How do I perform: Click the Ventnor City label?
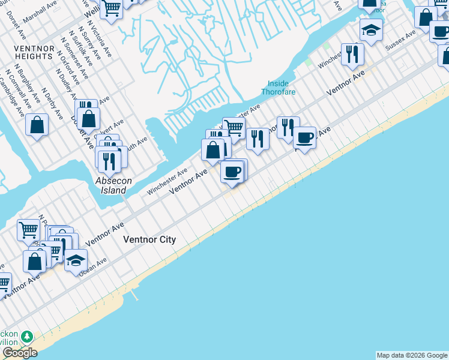click(x=149, y=239)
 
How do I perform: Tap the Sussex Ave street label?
click(x=401, y=40)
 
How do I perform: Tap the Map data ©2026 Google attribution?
click(x=412, y=355)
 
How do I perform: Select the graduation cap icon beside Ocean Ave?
click(x=76, y=260)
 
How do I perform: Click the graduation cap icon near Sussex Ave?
click(x=371, y=29)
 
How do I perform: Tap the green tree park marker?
click(x=26, y=335)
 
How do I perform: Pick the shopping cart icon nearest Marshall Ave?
click(x=111, y=7)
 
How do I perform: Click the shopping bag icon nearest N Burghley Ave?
click(x=37, y=125)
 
